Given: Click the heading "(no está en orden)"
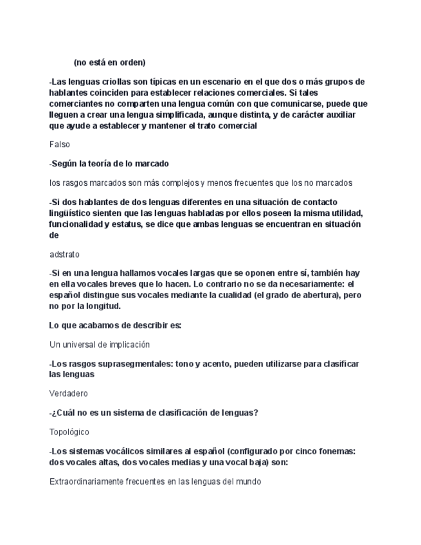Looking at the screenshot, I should (x=109, y=62).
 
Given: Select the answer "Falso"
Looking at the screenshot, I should (x=60, y=145).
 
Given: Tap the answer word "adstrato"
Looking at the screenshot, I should (x=65, y=255).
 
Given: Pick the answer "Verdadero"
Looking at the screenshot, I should (x=69, y=393).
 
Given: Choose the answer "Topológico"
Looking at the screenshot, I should (x=69, y=432).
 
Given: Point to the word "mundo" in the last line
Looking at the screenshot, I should (x=246, y=481).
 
